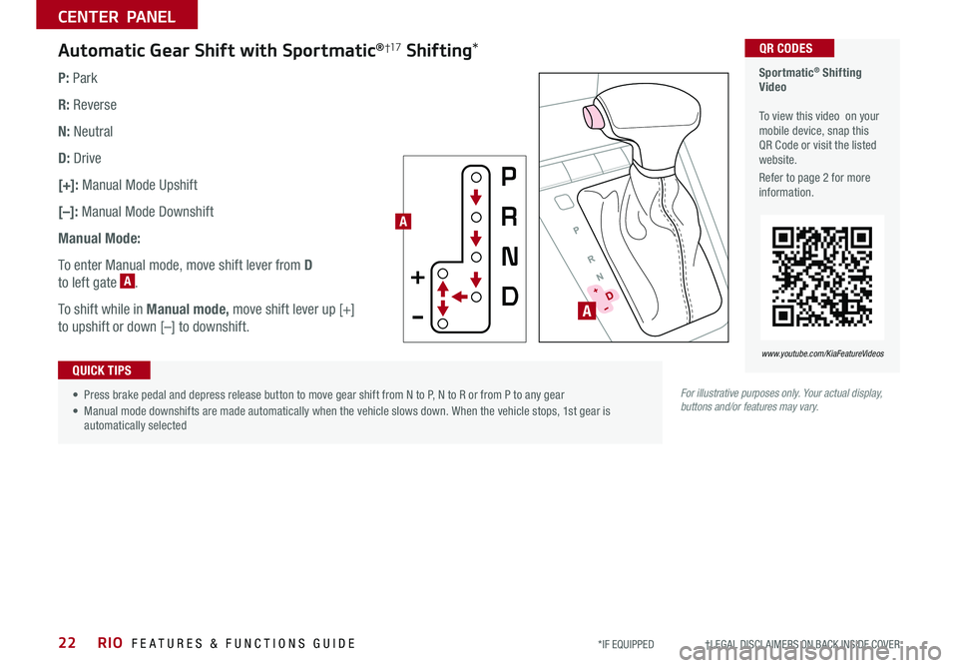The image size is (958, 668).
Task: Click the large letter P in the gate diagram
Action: point(509,178)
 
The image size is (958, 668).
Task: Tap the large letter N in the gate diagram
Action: point(509,258)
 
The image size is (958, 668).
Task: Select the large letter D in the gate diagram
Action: point(509,298)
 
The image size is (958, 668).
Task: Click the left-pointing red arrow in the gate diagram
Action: point(460,297)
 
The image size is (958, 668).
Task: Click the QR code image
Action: point(822,277)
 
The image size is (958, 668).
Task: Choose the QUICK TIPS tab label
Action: point(103,370)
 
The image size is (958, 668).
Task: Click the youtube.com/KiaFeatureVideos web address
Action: point(823,353)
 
